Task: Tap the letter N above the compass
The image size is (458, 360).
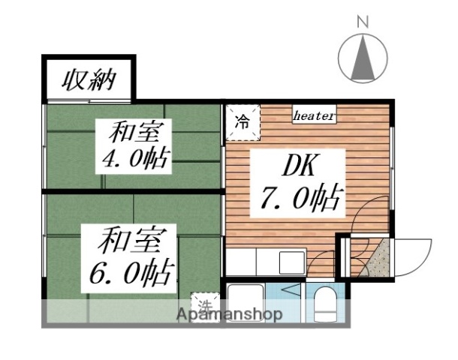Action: tap(362, 22)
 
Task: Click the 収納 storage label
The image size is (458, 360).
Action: tap(87, 79)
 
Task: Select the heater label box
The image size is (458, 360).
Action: tap(314, 115)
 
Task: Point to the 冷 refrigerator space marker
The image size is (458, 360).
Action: tap(243, 122)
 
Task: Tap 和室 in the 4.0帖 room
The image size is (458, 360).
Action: tap(134, 133)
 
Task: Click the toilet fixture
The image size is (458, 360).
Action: tap(326, 304)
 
